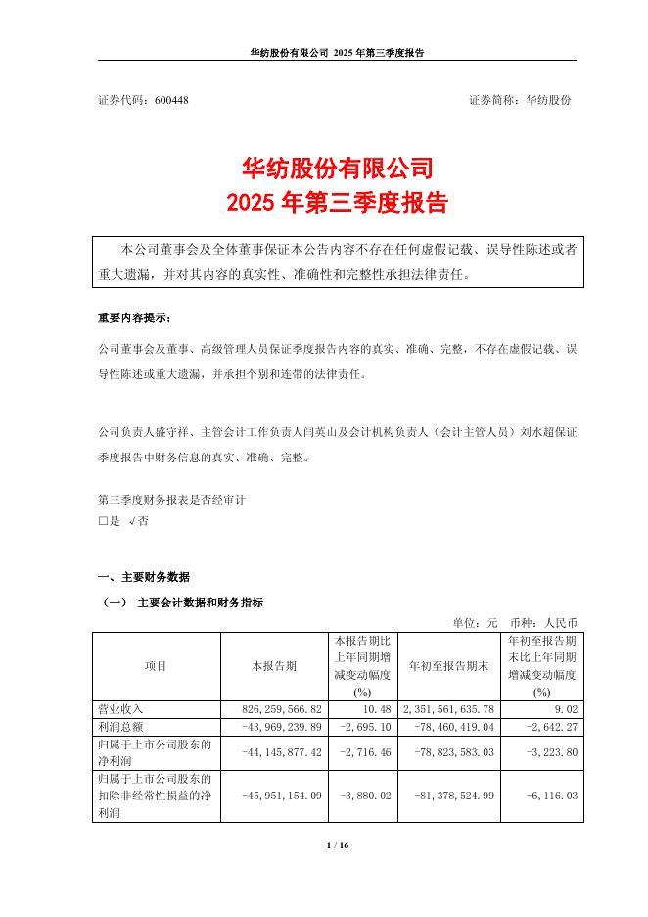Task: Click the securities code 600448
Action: click(171, 101)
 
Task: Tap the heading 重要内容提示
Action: click(134, 319)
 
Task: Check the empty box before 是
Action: click(103, 522)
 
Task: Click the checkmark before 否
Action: click(132, 522)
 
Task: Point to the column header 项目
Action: click(156, 665)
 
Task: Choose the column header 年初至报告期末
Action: click(449, 665)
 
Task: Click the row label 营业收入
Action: click(122, 707)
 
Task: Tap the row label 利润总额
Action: click(122, 724)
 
